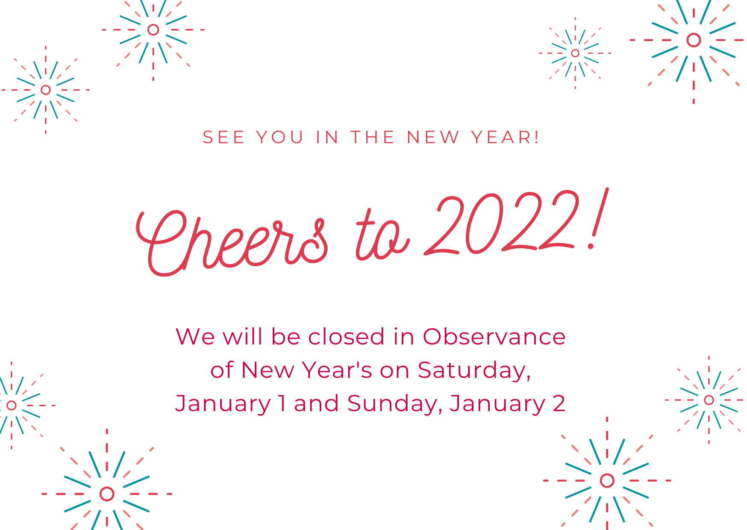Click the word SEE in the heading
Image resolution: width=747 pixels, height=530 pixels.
click(x=224, y=137)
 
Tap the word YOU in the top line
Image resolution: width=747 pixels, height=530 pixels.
click(x=280, y=137)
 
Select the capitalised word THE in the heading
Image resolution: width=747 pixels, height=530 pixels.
click(x=372, y=137)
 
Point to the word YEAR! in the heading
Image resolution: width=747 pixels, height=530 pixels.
click(x=505, y=137)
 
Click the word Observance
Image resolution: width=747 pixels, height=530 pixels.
click(x=494, y=336)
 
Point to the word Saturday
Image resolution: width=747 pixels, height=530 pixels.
click(x=474, y=371)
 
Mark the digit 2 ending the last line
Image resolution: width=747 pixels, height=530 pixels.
click(x=559, y=403)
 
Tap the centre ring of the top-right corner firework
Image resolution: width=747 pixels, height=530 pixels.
click(x=694, y=40)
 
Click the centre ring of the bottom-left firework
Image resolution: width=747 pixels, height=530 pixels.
click(x=107, y=494)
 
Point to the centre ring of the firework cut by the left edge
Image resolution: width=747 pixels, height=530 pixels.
click(x=12, y=405)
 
